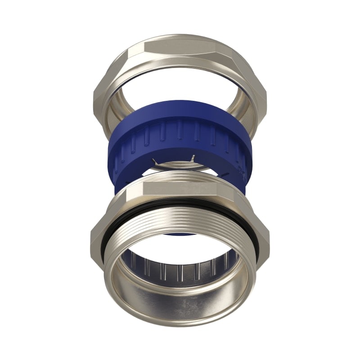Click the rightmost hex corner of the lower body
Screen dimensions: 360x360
coord(268,234)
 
